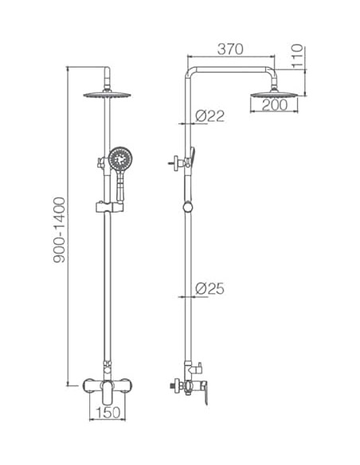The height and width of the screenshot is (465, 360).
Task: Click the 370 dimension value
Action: (x=230, y=49)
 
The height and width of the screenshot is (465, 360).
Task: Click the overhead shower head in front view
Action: (x=105, y=94)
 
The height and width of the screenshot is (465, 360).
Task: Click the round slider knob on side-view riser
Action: (x=187, y=207)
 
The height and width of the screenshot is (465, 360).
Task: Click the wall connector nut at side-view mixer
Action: (x=173, y=389)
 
